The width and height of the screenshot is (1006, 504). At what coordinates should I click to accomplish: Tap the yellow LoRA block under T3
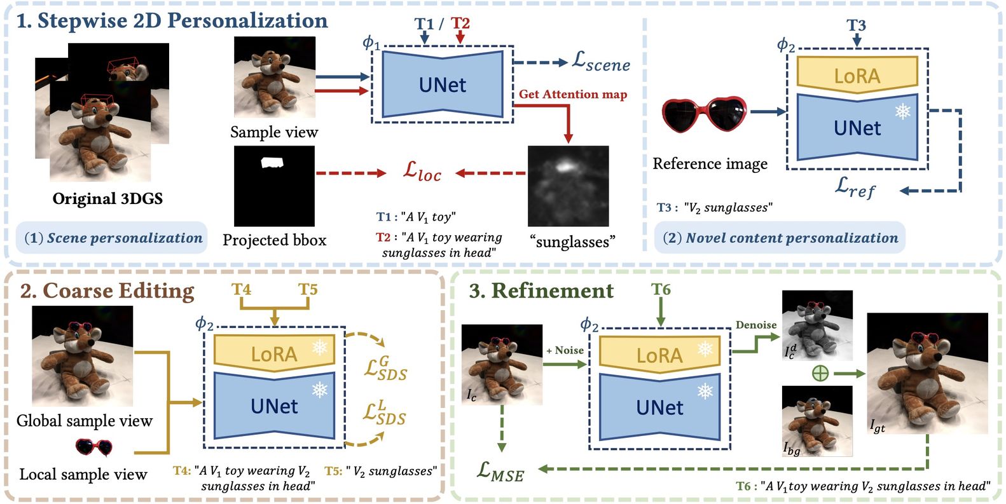tap(857, 76)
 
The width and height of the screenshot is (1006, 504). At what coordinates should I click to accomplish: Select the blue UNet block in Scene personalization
tap(442, 85)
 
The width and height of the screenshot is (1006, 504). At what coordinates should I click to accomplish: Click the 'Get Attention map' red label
tap(572, 94)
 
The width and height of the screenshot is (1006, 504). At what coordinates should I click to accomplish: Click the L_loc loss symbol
tap(422, 172)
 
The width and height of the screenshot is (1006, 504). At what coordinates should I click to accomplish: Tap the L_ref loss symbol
tap(855, 187)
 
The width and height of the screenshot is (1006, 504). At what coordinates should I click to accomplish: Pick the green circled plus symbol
tap(820, 372)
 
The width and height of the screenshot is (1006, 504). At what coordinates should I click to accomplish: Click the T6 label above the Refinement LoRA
tap(661, 290)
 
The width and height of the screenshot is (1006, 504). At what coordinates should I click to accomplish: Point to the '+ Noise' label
tap(565, 350)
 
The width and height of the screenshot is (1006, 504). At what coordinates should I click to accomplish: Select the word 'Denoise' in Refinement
tap(756, 325)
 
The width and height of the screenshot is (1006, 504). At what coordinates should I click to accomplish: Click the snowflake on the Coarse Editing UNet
tap(319, 389)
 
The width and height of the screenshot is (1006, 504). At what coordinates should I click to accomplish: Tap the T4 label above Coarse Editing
tap(241, 290)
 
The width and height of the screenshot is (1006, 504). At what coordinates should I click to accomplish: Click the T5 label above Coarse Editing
tap(308, 290)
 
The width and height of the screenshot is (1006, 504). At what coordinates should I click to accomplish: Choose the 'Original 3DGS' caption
tap(107, 199)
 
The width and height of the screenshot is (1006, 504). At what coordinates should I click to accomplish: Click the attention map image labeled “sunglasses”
tap(568, 186)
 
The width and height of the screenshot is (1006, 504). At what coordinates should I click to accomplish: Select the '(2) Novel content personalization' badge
tap(780, 238)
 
